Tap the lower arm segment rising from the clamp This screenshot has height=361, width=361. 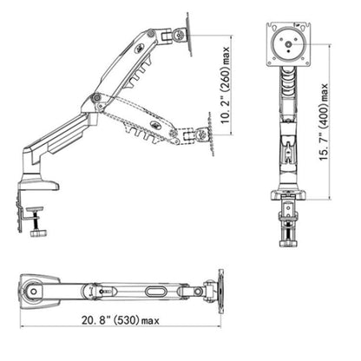(61, 142)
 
